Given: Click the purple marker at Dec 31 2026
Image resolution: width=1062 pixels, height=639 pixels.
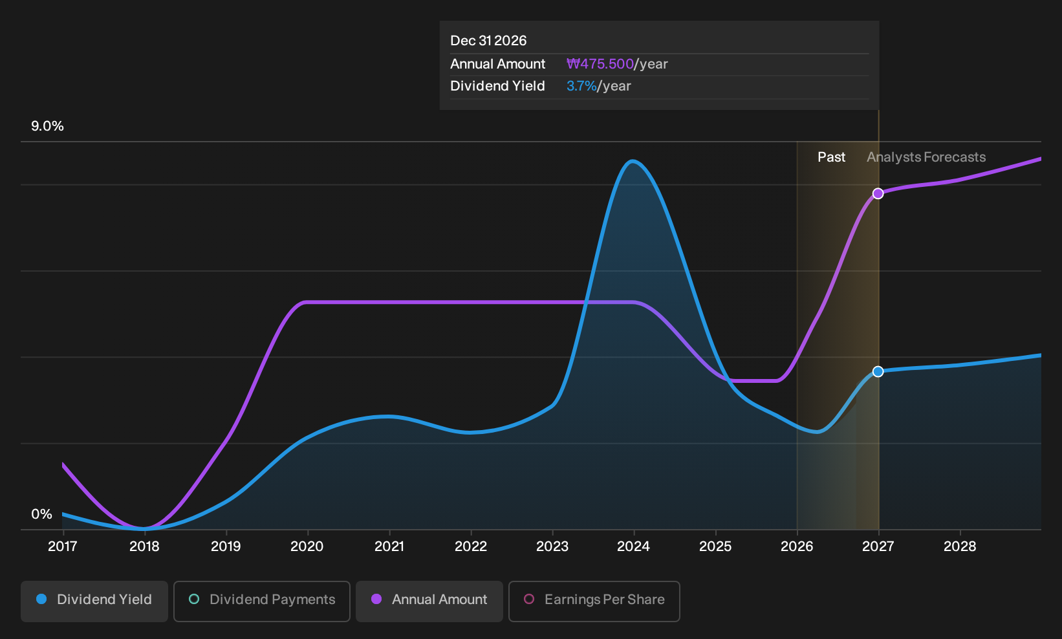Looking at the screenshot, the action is (x=878, y=193).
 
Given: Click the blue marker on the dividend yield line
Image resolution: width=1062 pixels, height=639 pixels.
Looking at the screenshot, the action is (x=878, y=372).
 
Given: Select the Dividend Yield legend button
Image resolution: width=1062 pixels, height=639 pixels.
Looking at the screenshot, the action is (x=94, y=601).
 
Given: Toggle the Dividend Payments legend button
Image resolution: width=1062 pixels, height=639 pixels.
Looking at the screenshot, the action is (x=262, y=601).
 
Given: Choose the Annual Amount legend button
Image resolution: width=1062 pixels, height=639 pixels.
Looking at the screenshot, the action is (x=429, y=601).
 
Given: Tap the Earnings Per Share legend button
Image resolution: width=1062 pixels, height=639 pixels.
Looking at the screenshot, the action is (x=594, y=601).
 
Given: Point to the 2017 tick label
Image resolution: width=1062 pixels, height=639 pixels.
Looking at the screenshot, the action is (x=63, y=547).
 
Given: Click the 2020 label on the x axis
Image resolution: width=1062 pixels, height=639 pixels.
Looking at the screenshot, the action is (x=307, y=547).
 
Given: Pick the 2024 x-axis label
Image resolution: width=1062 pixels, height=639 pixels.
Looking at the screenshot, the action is (x=633, y=547).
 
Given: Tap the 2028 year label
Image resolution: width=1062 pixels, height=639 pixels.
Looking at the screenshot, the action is (x=960, y=547).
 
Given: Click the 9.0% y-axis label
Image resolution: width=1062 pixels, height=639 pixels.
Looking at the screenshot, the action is (x=47, y=126).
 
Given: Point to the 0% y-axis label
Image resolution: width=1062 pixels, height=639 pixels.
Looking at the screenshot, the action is (x=42, y=514).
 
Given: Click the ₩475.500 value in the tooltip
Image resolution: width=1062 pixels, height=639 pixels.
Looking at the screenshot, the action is (x=600, y=64).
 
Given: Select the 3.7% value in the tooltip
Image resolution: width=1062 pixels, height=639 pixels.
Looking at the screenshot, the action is (x=581, y=86).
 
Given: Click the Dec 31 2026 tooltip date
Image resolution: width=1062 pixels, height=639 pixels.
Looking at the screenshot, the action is (x=488, y=41).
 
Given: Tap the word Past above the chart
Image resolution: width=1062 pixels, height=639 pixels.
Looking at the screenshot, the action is (x=832, y=157).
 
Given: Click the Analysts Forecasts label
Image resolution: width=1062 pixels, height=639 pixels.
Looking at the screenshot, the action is (x=926, y=157).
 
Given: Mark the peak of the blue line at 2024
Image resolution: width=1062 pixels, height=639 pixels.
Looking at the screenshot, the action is (x=633, y=162).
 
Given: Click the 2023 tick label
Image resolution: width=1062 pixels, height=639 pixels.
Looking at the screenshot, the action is (x=552, y=547).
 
